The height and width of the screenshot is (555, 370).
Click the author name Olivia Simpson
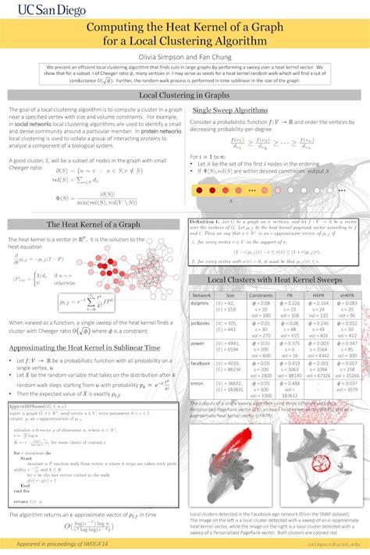point(160,57)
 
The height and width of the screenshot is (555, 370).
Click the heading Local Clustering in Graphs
point(184,95)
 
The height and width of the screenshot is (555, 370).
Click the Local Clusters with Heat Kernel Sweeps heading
point(274,279)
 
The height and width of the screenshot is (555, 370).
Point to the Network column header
point(201,296)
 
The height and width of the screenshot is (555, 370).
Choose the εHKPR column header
point(344,296)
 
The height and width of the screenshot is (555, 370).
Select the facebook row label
point(201,363)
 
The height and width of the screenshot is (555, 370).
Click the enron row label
point(201,382)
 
